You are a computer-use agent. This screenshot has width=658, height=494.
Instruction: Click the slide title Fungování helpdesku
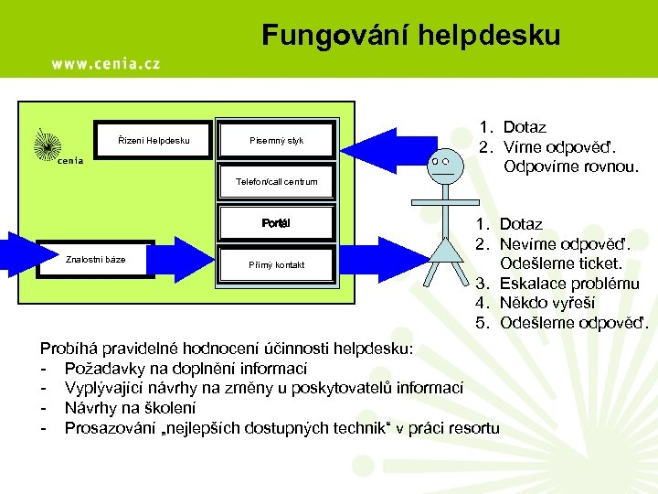(x=411, y=36)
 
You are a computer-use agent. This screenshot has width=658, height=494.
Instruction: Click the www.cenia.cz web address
(x=105, y=63)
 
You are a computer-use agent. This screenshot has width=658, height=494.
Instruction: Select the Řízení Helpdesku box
(x=154, y=140)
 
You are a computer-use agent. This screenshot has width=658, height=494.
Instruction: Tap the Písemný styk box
(x=276, y=140)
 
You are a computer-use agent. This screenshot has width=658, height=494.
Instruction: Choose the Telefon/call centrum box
(x=276, y=181)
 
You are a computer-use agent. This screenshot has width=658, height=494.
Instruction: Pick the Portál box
(x=276, y=223)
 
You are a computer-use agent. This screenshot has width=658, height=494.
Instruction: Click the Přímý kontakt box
(x=276, y=264)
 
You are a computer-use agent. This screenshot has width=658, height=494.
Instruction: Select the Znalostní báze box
(x=95, y=259)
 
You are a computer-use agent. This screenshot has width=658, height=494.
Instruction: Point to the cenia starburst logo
(x=48, y=145)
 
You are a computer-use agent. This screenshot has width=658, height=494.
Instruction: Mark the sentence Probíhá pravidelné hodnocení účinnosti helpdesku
(x=226, y=349)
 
